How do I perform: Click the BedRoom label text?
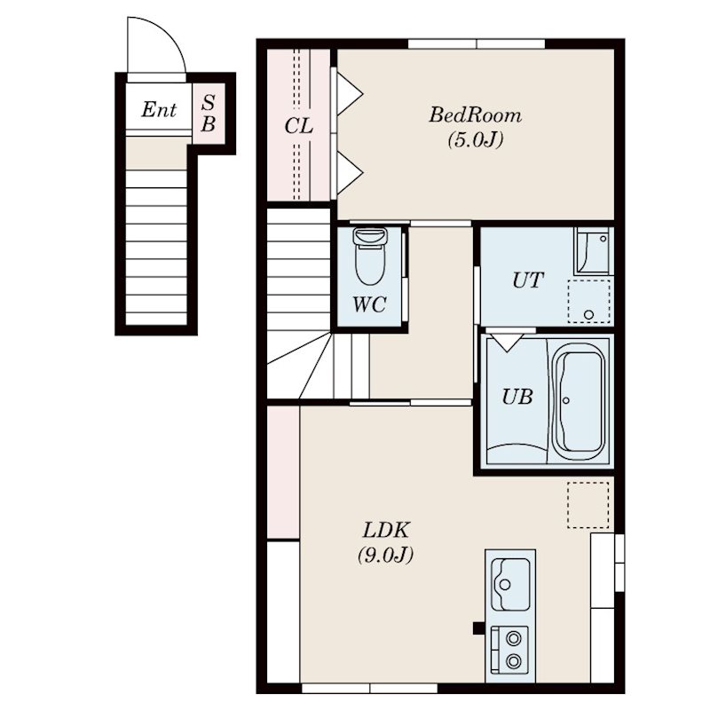tap(475, 115)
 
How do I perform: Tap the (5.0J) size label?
tap(476, 140)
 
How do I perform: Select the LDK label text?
tap(386, 530)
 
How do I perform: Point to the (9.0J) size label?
tap(386, 555)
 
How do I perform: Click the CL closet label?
tap(298, 126)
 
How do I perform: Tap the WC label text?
tap(369, 304)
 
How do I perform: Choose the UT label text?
tap(528, 280)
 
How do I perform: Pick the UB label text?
tap(517, 397)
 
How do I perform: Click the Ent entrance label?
tap(159, 109)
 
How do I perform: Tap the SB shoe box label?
tap(208, 114)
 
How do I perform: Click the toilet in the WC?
tap(370, 256)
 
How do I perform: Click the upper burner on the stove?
tap(514, 639)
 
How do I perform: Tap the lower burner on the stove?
tap(514, 661)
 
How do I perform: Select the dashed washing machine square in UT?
tap(588, 302)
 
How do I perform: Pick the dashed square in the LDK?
tap(588, 505)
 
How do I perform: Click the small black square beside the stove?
tap(478, 628)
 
